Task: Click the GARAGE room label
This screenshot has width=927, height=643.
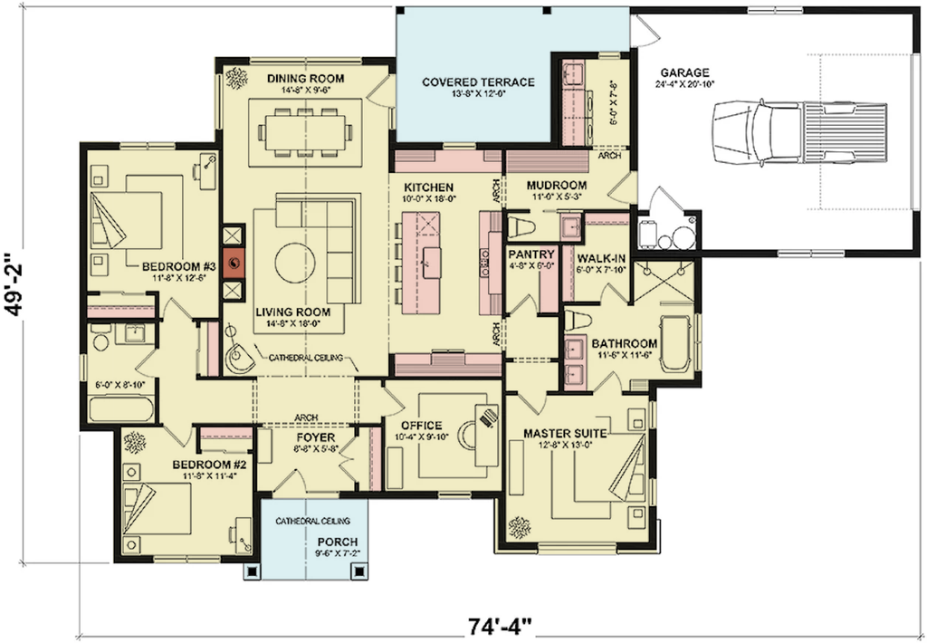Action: [x=684, y=72]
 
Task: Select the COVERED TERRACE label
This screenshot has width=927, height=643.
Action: [x=478, y=82]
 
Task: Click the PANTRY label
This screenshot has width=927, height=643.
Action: [x=531, y=254]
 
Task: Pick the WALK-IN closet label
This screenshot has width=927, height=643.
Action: [x=601, y=258]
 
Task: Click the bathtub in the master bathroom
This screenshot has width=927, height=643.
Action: [x=675, y=344]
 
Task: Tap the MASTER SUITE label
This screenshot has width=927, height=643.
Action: [x=565, y=434]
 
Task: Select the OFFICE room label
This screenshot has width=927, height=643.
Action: [x=422, y=426]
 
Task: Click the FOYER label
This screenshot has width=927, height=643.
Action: [x=315, y=437]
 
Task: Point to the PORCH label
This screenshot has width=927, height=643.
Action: [x=338, y=542]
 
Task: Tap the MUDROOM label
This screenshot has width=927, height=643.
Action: [x=557, y=186]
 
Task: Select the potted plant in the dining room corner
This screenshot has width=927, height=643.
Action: [x=236, y=78]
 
